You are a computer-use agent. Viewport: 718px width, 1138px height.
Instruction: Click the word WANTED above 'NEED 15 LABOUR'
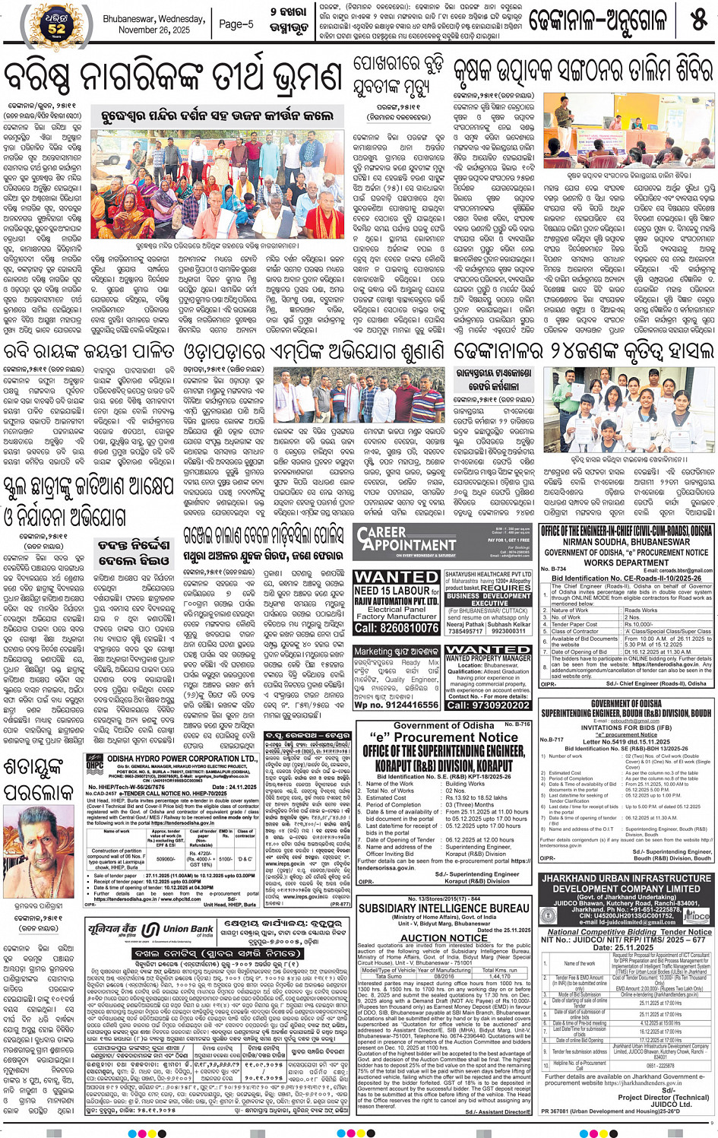(397, 577)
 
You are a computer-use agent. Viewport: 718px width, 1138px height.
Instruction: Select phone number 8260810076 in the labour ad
(397, 628)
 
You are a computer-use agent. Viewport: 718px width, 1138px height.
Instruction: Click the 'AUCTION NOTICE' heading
(443, 937)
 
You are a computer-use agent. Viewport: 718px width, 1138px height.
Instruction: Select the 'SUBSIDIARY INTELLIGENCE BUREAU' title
(444, 908)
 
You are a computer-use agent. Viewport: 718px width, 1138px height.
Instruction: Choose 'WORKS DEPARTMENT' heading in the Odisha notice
(626, 563)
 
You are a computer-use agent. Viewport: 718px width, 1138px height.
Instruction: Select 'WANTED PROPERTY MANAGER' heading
(488, 654)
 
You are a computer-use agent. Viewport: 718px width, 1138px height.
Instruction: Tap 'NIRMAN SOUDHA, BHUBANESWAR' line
(626, 542)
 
